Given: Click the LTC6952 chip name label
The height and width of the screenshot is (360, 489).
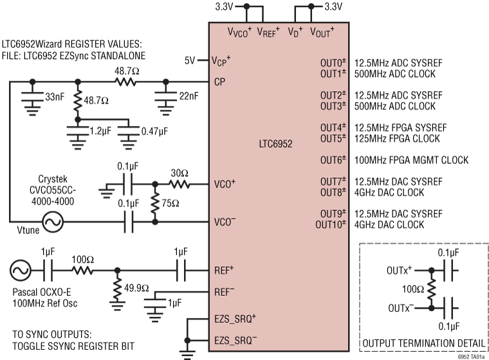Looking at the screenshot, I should pos(275,145).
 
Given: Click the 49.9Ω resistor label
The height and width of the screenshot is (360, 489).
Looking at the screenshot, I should pos(136,284).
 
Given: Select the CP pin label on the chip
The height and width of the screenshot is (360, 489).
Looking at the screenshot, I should pos(219,82).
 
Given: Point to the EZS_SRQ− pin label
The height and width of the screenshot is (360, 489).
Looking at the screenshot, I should pos(235,339).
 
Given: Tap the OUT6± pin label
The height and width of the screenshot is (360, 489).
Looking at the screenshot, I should pos(333,159).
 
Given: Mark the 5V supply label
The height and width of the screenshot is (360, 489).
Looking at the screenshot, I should pos(189,60).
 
